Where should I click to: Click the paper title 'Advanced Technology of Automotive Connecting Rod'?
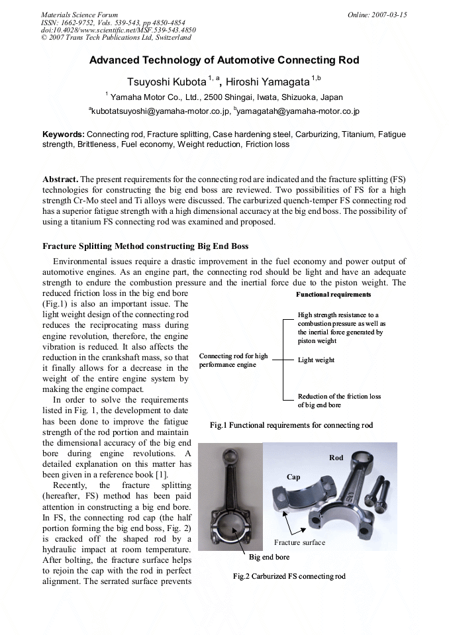(224, 60)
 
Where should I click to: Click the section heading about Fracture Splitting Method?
(145, 246)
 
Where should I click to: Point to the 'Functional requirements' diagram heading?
(333, 294)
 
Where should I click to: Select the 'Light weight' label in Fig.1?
(316, 360)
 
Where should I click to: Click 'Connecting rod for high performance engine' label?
(233, 360)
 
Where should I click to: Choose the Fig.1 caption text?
(291, 425)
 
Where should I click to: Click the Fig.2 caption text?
(289, 576)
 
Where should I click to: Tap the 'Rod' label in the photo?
(336, 458)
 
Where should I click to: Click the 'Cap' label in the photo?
(293, 477)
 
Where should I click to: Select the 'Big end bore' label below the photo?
(269, 557)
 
